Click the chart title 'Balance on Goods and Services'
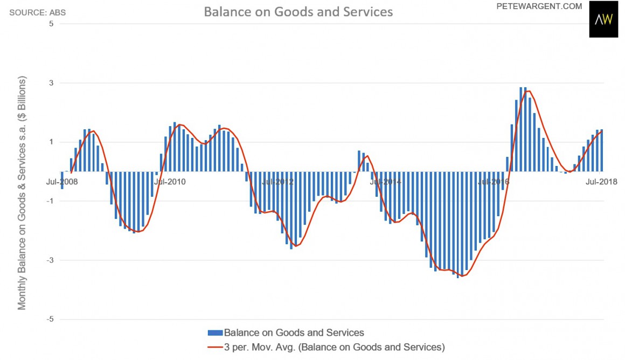tap(298, 11)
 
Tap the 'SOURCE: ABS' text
tap(38, 11)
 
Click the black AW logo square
tap(603, 19)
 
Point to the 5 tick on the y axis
tap(51, 24)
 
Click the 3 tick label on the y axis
tap(51, 83)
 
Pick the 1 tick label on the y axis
tap(51, 142)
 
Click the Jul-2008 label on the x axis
tap(61, 182)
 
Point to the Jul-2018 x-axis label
tap(601, 182)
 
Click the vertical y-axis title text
tap(22, 192)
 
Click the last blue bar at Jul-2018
tap(601, 150)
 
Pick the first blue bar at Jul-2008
tap(62, 181)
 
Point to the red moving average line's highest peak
tap(527, 91)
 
